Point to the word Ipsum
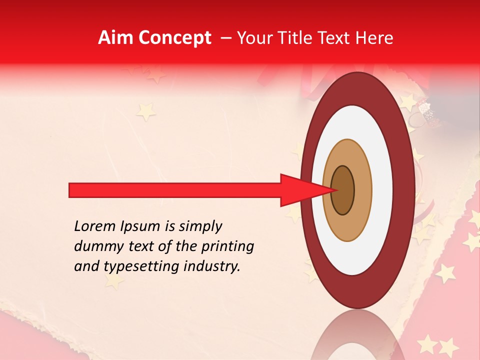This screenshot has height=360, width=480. [140, 226]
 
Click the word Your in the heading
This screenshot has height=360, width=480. [252, 38]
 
